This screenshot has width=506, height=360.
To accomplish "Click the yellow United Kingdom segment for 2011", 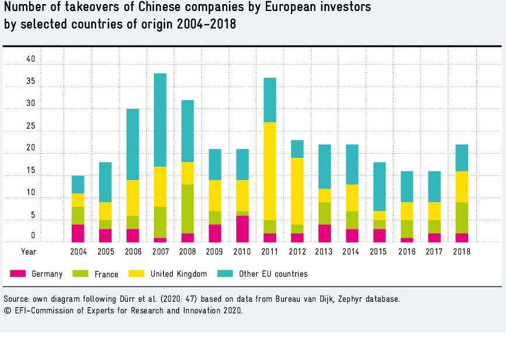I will (270, 171).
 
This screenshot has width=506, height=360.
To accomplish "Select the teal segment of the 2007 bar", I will (160, 120).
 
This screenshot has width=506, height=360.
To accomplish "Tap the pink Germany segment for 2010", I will (243, 229).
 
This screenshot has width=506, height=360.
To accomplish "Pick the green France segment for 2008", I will (188, 209).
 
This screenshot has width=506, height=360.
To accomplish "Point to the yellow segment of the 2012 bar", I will (297, 191).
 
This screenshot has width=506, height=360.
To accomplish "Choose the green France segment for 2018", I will (462, 218).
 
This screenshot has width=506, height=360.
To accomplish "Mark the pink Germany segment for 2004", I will (78, 233).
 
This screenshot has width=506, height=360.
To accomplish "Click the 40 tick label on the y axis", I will (31, 59).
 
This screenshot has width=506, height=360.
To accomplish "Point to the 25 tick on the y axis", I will (31, 126).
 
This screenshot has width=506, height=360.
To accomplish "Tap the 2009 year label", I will (215, 252).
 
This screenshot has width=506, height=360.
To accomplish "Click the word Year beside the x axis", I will (29, 252).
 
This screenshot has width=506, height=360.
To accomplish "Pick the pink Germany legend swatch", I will (19, 273).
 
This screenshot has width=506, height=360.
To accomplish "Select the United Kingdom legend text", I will (178, 274).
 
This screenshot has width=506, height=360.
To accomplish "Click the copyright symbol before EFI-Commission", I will (6, 310).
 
